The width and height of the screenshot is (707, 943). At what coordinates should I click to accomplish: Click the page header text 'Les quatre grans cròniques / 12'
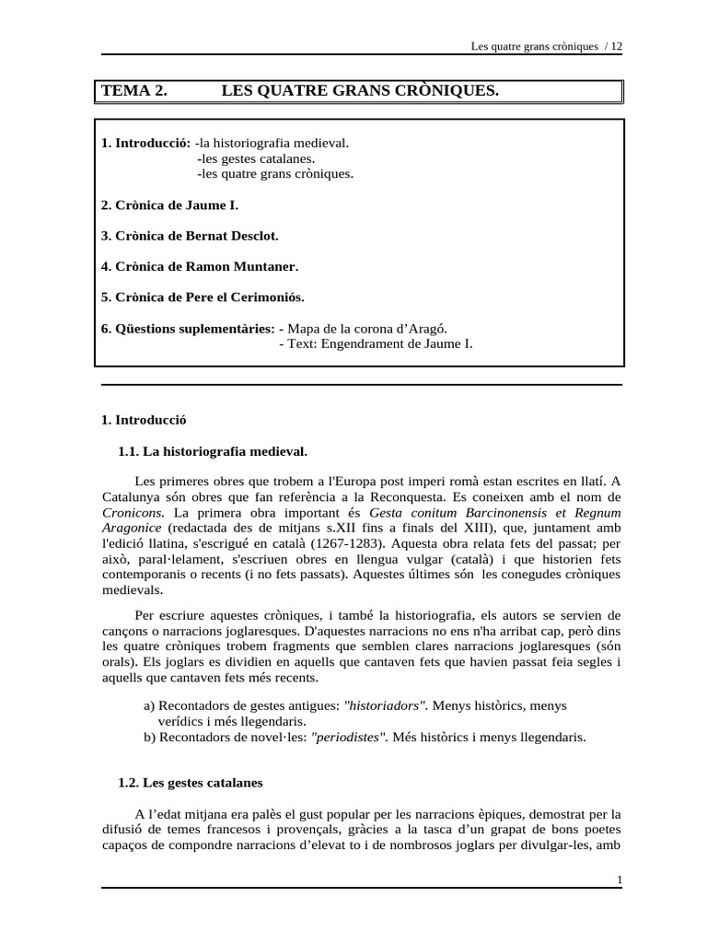pyautogui.click(x=546, y=47)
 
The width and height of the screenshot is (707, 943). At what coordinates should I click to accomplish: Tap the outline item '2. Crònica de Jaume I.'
pyautogui.click(x=169, y=204)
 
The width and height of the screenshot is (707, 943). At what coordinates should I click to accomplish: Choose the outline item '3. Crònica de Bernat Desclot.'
pyautogui.click(x=189, y=236)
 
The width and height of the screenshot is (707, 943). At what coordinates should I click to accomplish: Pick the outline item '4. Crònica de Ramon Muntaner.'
pyautogui.click(x=200, y=266)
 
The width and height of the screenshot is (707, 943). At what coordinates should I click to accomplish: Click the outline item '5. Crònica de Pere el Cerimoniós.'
pyautogui.click(x=203, y=297)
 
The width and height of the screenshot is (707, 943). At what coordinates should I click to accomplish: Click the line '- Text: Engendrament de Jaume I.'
pyautogui.click(x=376, y=343)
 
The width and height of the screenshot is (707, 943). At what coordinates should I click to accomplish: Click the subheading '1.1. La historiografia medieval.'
pyautogui.click(x=213, y=451)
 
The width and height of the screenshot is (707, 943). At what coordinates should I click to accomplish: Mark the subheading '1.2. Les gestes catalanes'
pyautogui.click(x=191, y=783)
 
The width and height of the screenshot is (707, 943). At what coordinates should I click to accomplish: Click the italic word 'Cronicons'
pyautogui.click(x=133, y=512)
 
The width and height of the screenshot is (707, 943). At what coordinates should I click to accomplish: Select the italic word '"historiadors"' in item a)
pyautogui.click(x=385, y=704)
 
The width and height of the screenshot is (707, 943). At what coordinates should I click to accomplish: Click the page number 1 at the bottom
pyautogui.click(x=620, y=879)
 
